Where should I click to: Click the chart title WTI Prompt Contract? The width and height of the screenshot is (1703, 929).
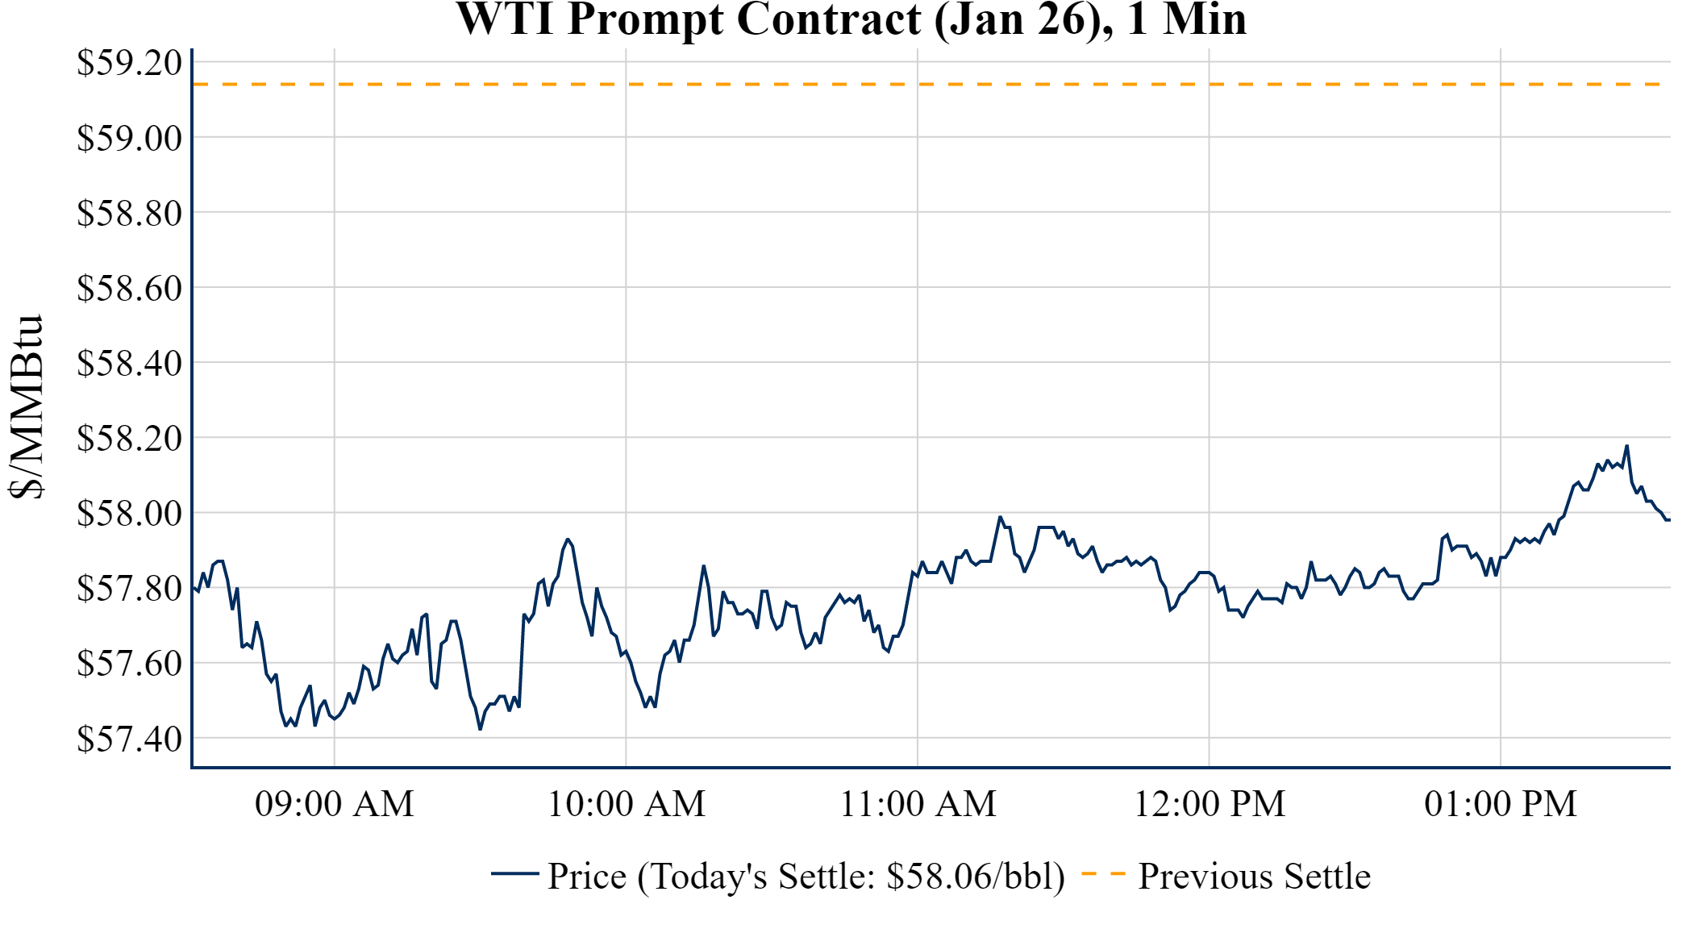(851, 19)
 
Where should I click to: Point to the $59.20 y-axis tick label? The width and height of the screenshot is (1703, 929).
(129, 63)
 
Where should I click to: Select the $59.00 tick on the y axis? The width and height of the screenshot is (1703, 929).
(129, 138)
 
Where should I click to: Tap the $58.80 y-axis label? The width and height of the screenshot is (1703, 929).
(129, 213)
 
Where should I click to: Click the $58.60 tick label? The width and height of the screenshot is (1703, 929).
(129, 288)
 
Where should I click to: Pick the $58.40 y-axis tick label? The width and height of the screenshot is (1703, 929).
(129, 363)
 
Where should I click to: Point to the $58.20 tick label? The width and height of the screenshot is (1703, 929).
(129, 438)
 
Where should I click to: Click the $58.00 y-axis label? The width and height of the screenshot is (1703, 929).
(129, 513)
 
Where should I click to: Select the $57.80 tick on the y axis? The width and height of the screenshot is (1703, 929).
(129, 588)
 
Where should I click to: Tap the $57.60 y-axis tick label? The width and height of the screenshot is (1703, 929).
(129, 663)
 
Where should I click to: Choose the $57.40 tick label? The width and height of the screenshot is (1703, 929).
(129, 738)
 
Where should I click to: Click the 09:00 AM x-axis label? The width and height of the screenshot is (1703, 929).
(335, 804)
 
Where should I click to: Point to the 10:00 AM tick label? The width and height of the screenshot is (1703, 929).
(627, 804)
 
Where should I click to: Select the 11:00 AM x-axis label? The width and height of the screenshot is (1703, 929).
(918, 804)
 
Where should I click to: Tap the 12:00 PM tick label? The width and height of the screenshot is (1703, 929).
(1210, 804)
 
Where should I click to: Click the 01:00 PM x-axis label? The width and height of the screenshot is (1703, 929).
(1501, 804)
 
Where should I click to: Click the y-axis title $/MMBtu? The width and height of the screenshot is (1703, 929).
(27, 407)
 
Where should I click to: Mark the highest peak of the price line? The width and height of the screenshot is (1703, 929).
(1626, 446)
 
